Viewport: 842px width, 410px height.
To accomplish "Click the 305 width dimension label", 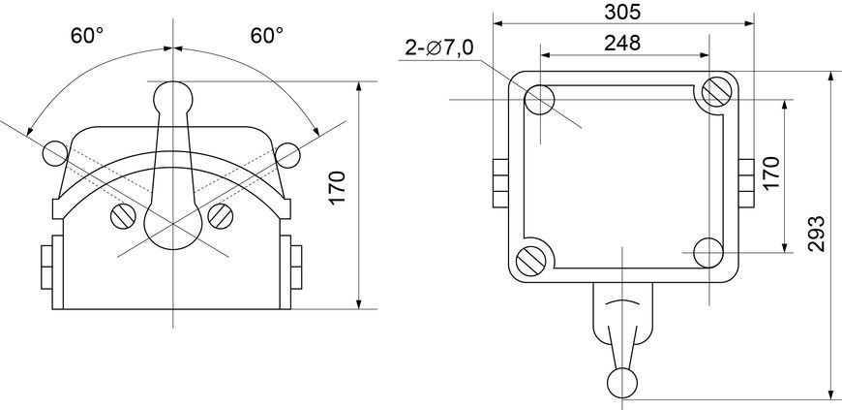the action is pyautogui.click(x=622, y=12).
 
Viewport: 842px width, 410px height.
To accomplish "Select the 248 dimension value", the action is pyautogui.click(x=622, y=43).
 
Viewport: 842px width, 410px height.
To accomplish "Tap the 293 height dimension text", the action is pyautogui.click(x=816, y=234).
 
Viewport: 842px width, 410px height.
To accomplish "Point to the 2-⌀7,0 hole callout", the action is pyautogui.click(x=439, y=48).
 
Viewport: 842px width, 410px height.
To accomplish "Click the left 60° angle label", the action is pyautogui.click(x=87, y=36).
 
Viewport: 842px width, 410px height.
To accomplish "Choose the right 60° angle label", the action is pyautogui.click(x=267, y=36).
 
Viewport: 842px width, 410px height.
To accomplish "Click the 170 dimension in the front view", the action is pyautogui.click(x=338, y=187).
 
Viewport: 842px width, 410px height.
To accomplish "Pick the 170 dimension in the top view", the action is pyautogui.click(x=770, y=173).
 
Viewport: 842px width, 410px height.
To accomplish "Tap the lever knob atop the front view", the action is pyautogui.click(x=173, y=97).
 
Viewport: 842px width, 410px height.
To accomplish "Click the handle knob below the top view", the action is pyautogui.click(x=622, y=383).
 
